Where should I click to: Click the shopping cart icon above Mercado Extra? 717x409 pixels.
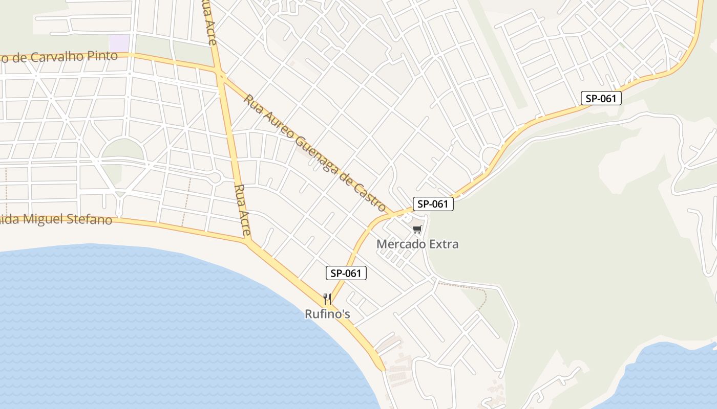[x=417, y=229]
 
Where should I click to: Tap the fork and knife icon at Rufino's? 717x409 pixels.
[x=327, y=299]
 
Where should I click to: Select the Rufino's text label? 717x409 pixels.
[x=327, y=314]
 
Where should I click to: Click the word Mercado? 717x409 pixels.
[x=400, y=244]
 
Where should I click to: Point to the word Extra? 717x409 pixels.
[x=443, y=244]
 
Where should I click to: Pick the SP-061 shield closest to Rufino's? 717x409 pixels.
[x=346, y=274]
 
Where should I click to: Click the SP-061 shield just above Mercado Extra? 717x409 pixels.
[x=433, y=204]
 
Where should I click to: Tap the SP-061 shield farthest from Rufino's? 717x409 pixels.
[x=601, y=99]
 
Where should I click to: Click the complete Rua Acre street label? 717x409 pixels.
[x=242, y=210]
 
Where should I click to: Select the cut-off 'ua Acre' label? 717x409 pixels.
[x=209, y=20]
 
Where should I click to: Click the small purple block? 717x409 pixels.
[x=119, y=43]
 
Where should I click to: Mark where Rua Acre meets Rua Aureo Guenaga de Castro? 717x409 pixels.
[x=222, y=77]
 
